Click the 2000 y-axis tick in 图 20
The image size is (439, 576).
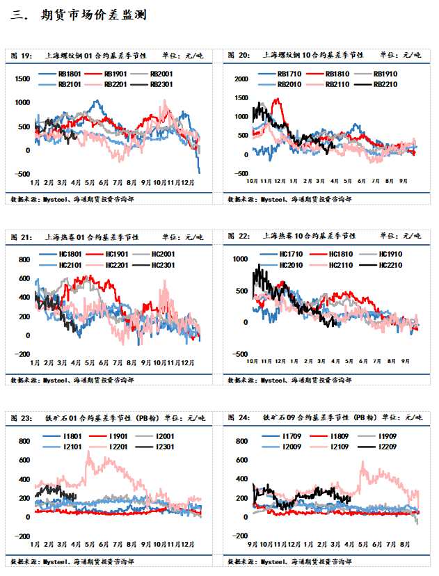tap(241, 79)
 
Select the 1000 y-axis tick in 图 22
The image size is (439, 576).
tap(241, 259)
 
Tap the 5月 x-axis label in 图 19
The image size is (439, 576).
tap(90, 182)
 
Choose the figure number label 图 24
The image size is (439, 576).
tap(239, 418)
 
